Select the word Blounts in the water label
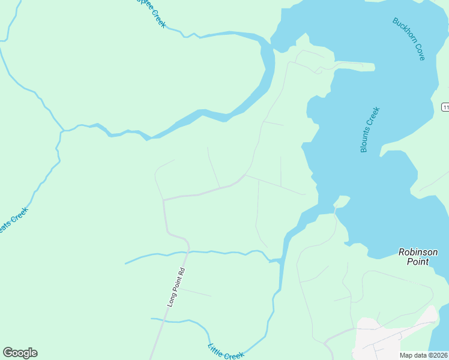pyautogui.click(x=365, y=140)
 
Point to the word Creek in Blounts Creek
pyautogui.click(x=372, y=116)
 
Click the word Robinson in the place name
pyautogui.click(x=418, y=253)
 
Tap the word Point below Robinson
pyautogui.click(x=418, y=262)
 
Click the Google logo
pyautogui.click(x=20, y=353)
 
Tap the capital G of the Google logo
pyautogui.click(x=7, y=353)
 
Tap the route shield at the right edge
pyautogui.click(x=445, y=107)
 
